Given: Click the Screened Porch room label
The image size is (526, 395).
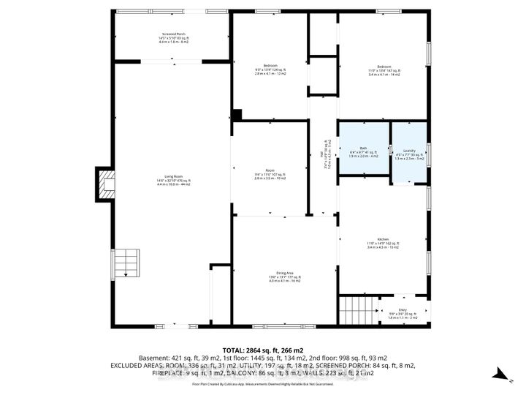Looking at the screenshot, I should [x=173, y=38].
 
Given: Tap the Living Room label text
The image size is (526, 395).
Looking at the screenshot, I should [x=173, y=182].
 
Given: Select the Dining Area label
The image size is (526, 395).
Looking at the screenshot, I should [x=270, y=278].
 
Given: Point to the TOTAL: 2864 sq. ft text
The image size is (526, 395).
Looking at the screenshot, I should [x=262, y=352].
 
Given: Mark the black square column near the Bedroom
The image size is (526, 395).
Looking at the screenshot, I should [x=236, y=116].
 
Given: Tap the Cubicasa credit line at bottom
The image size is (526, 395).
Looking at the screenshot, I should [x=262, y=383].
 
